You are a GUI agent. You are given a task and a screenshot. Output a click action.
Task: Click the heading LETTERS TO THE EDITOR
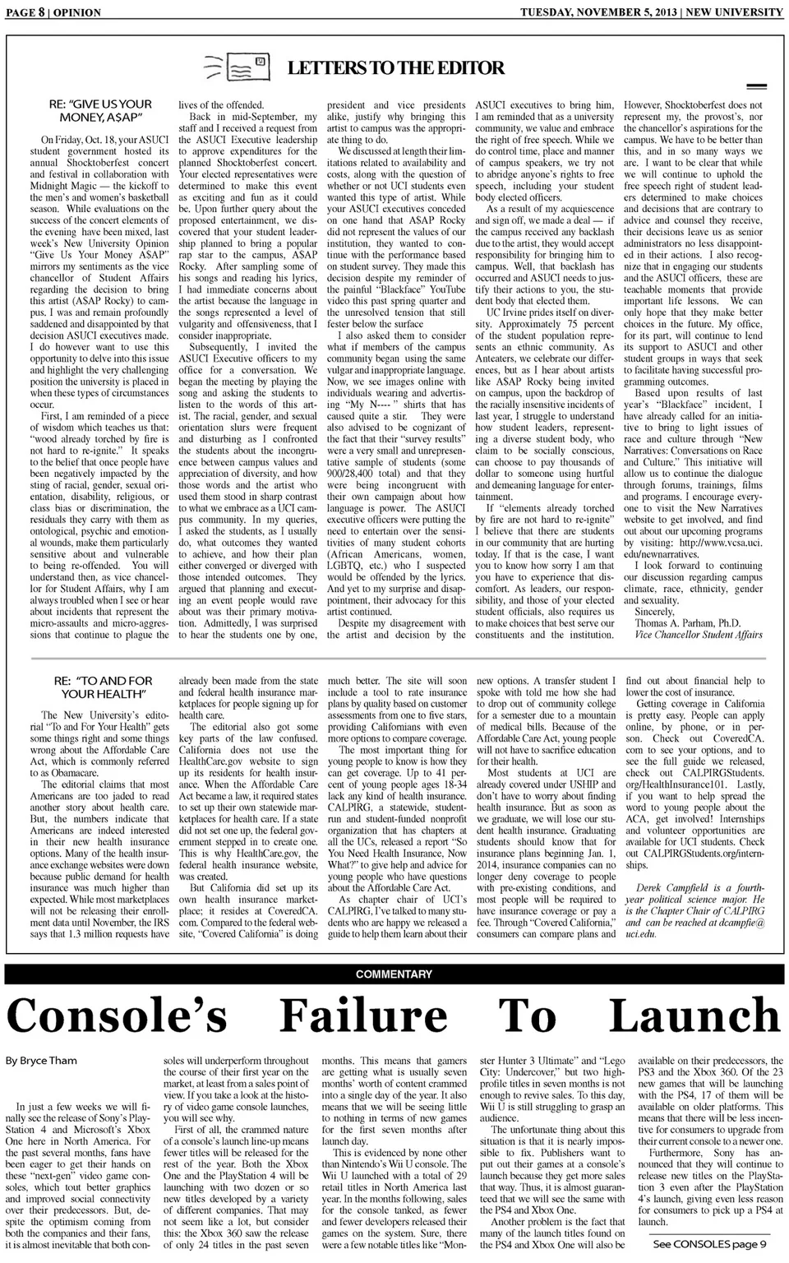click(395, 68)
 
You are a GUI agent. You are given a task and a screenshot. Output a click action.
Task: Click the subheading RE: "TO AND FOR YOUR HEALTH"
click(103, 687)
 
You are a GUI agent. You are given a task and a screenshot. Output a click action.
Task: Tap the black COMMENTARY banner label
click(394, 974)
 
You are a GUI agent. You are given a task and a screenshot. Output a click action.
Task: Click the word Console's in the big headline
click(117, 1016)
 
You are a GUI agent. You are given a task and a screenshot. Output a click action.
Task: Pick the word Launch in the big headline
click(694, 1016)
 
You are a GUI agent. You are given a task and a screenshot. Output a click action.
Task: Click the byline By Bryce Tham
click(41, 1061)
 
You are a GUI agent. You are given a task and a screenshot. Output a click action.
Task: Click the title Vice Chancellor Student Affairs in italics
click(698, 635)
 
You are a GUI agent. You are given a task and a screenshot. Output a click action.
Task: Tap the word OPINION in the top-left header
click(76, 12)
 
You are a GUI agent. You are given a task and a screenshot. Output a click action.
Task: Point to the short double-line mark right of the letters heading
click(755, 86)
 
